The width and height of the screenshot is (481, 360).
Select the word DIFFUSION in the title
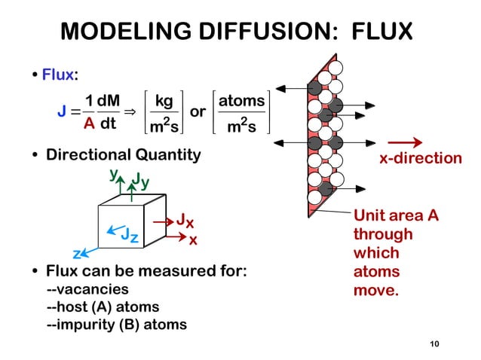tap(237, 32)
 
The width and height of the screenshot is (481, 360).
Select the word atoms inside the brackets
tap(242, 101)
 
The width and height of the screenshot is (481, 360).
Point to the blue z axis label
tap(76, 254)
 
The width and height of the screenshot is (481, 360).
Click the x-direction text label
tap(420, 158)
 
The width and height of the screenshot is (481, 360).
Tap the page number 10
tap(433, 344)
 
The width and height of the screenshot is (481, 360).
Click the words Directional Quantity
tap(124, 155)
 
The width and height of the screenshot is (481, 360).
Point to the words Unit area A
tap(396, 216)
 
